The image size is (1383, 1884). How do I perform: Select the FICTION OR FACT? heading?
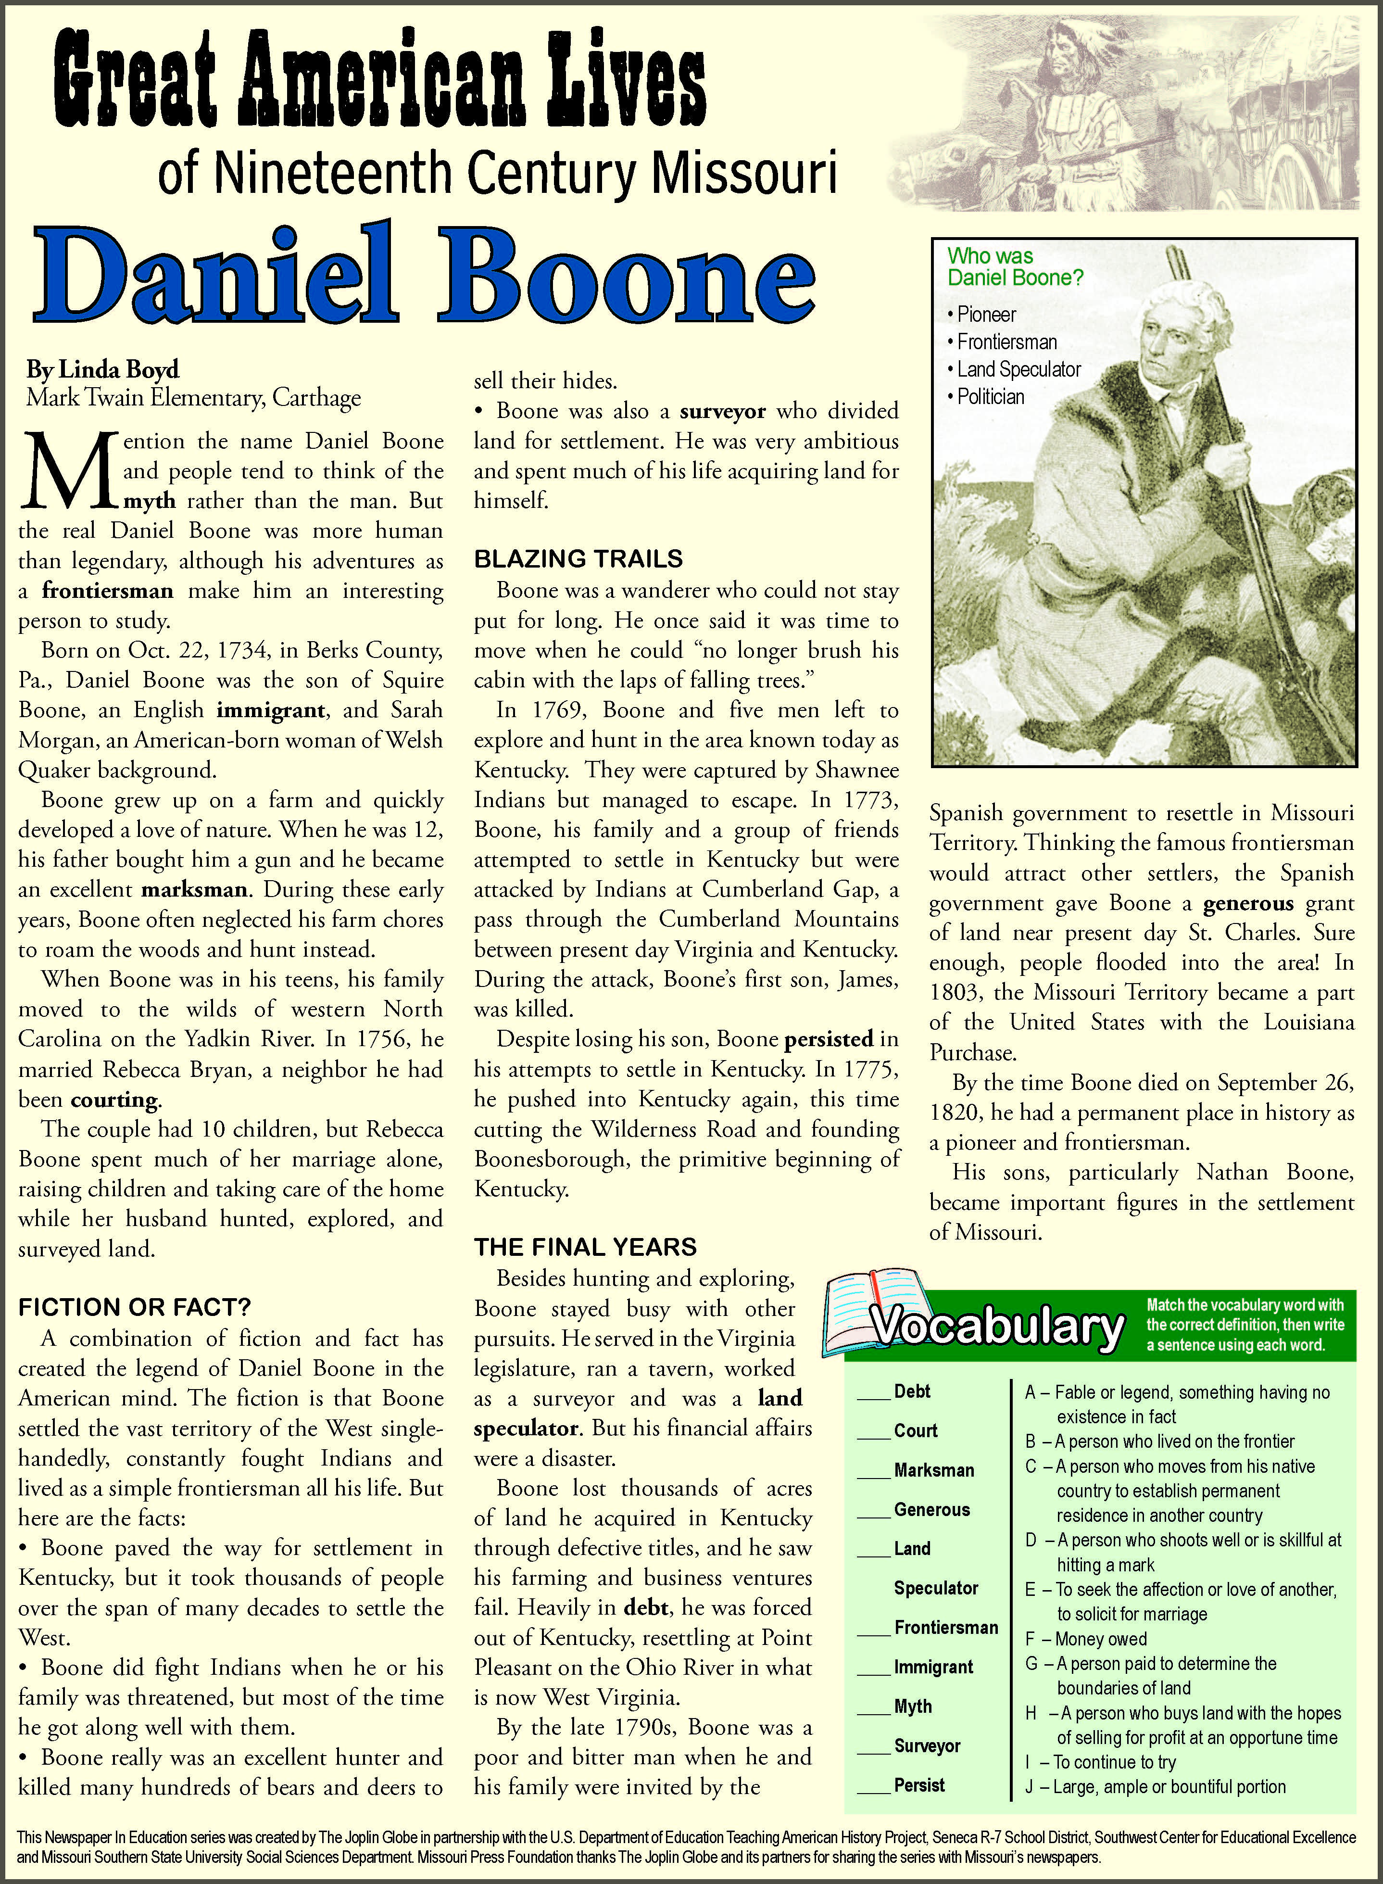(134, 1307)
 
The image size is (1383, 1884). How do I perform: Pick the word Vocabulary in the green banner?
(996, 1327)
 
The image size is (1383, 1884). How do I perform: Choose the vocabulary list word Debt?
(912, 1391)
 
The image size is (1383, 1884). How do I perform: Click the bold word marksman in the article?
(194, 889)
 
